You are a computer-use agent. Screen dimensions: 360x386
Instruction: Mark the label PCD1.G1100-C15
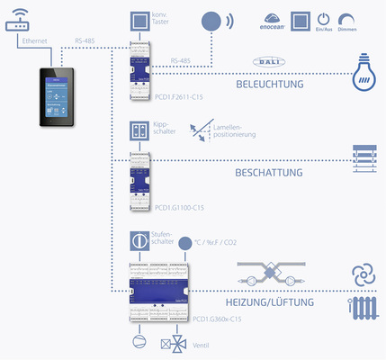(x=180, y=208)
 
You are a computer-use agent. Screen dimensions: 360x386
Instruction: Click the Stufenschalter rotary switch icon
(x=139, y=241)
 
